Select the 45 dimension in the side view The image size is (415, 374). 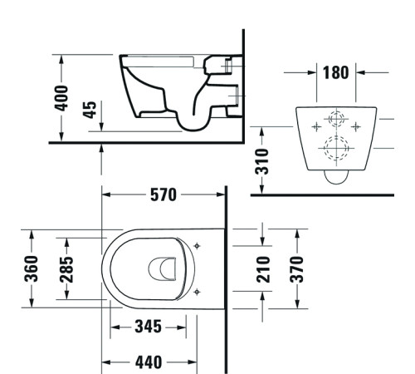point(89,111)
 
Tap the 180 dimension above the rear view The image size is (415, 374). point(337,72)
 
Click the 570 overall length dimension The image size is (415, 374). point(163,196)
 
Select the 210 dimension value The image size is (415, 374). point(264,268)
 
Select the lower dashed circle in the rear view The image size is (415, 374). point(337,150)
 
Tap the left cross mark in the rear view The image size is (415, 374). point(315,126)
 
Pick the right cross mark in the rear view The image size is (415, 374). point(357,126)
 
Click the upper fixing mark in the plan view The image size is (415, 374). point(197,245)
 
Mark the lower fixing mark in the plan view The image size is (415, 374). point(197,291)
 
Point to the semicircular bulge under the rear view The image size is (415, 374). point(336,176)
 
